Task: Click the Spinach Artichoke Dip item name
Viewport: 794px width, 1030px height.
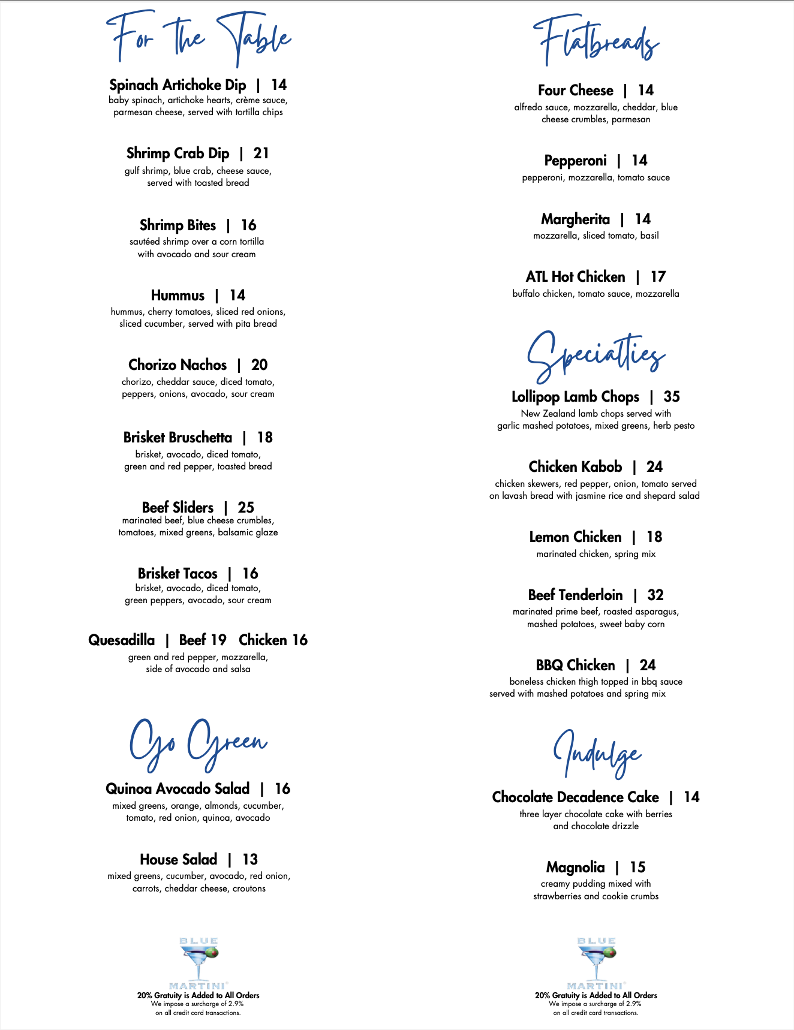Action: [x=178, y=85]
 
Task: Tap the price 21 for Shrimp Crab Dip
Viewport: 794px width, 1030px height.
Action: [x=261, y=153]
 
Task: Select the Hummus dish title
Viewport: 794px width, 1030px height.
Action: [x=178, y=296]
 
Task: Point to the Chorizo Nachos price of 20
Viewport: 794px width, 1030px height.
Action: [x=259, y=365]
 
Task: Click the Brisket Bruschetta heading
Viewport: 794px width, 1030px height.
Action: [x=178, y=438]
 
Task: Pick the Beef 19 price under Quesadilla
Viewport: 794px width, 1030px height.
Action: [x=203, y=640]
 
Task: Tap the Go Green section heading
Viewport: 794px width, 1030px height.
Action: [x=198, y=743]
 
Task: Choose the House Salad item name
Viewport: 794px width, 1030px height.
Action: [x=178, y=860]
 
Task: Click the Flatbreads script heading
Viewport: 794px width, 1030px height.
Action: [x=596, y=42]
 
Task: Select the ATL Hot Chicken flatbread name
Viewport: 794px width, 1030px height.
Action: [x=575, y=277]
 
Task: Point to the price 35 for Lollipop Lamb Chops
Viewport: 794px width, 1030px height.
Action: [x=672, y=397]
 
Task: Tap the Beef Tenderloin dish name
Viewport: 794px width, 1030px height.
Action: [x=575, y=595]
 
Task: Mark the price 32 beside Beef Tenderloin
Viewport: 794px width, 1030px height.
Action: [x=655, y=595]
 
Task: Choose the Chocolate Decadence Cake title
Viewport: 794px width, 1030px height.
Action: [x=575, y=797]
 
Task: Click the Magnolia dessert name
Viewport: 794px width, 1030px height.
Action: [x=575, y=868]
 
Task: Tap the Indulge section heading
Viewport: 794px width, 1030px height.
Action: [x=596, y=754]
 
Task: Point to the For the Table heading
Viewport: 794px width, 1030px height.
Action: [x=198, y=37]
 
